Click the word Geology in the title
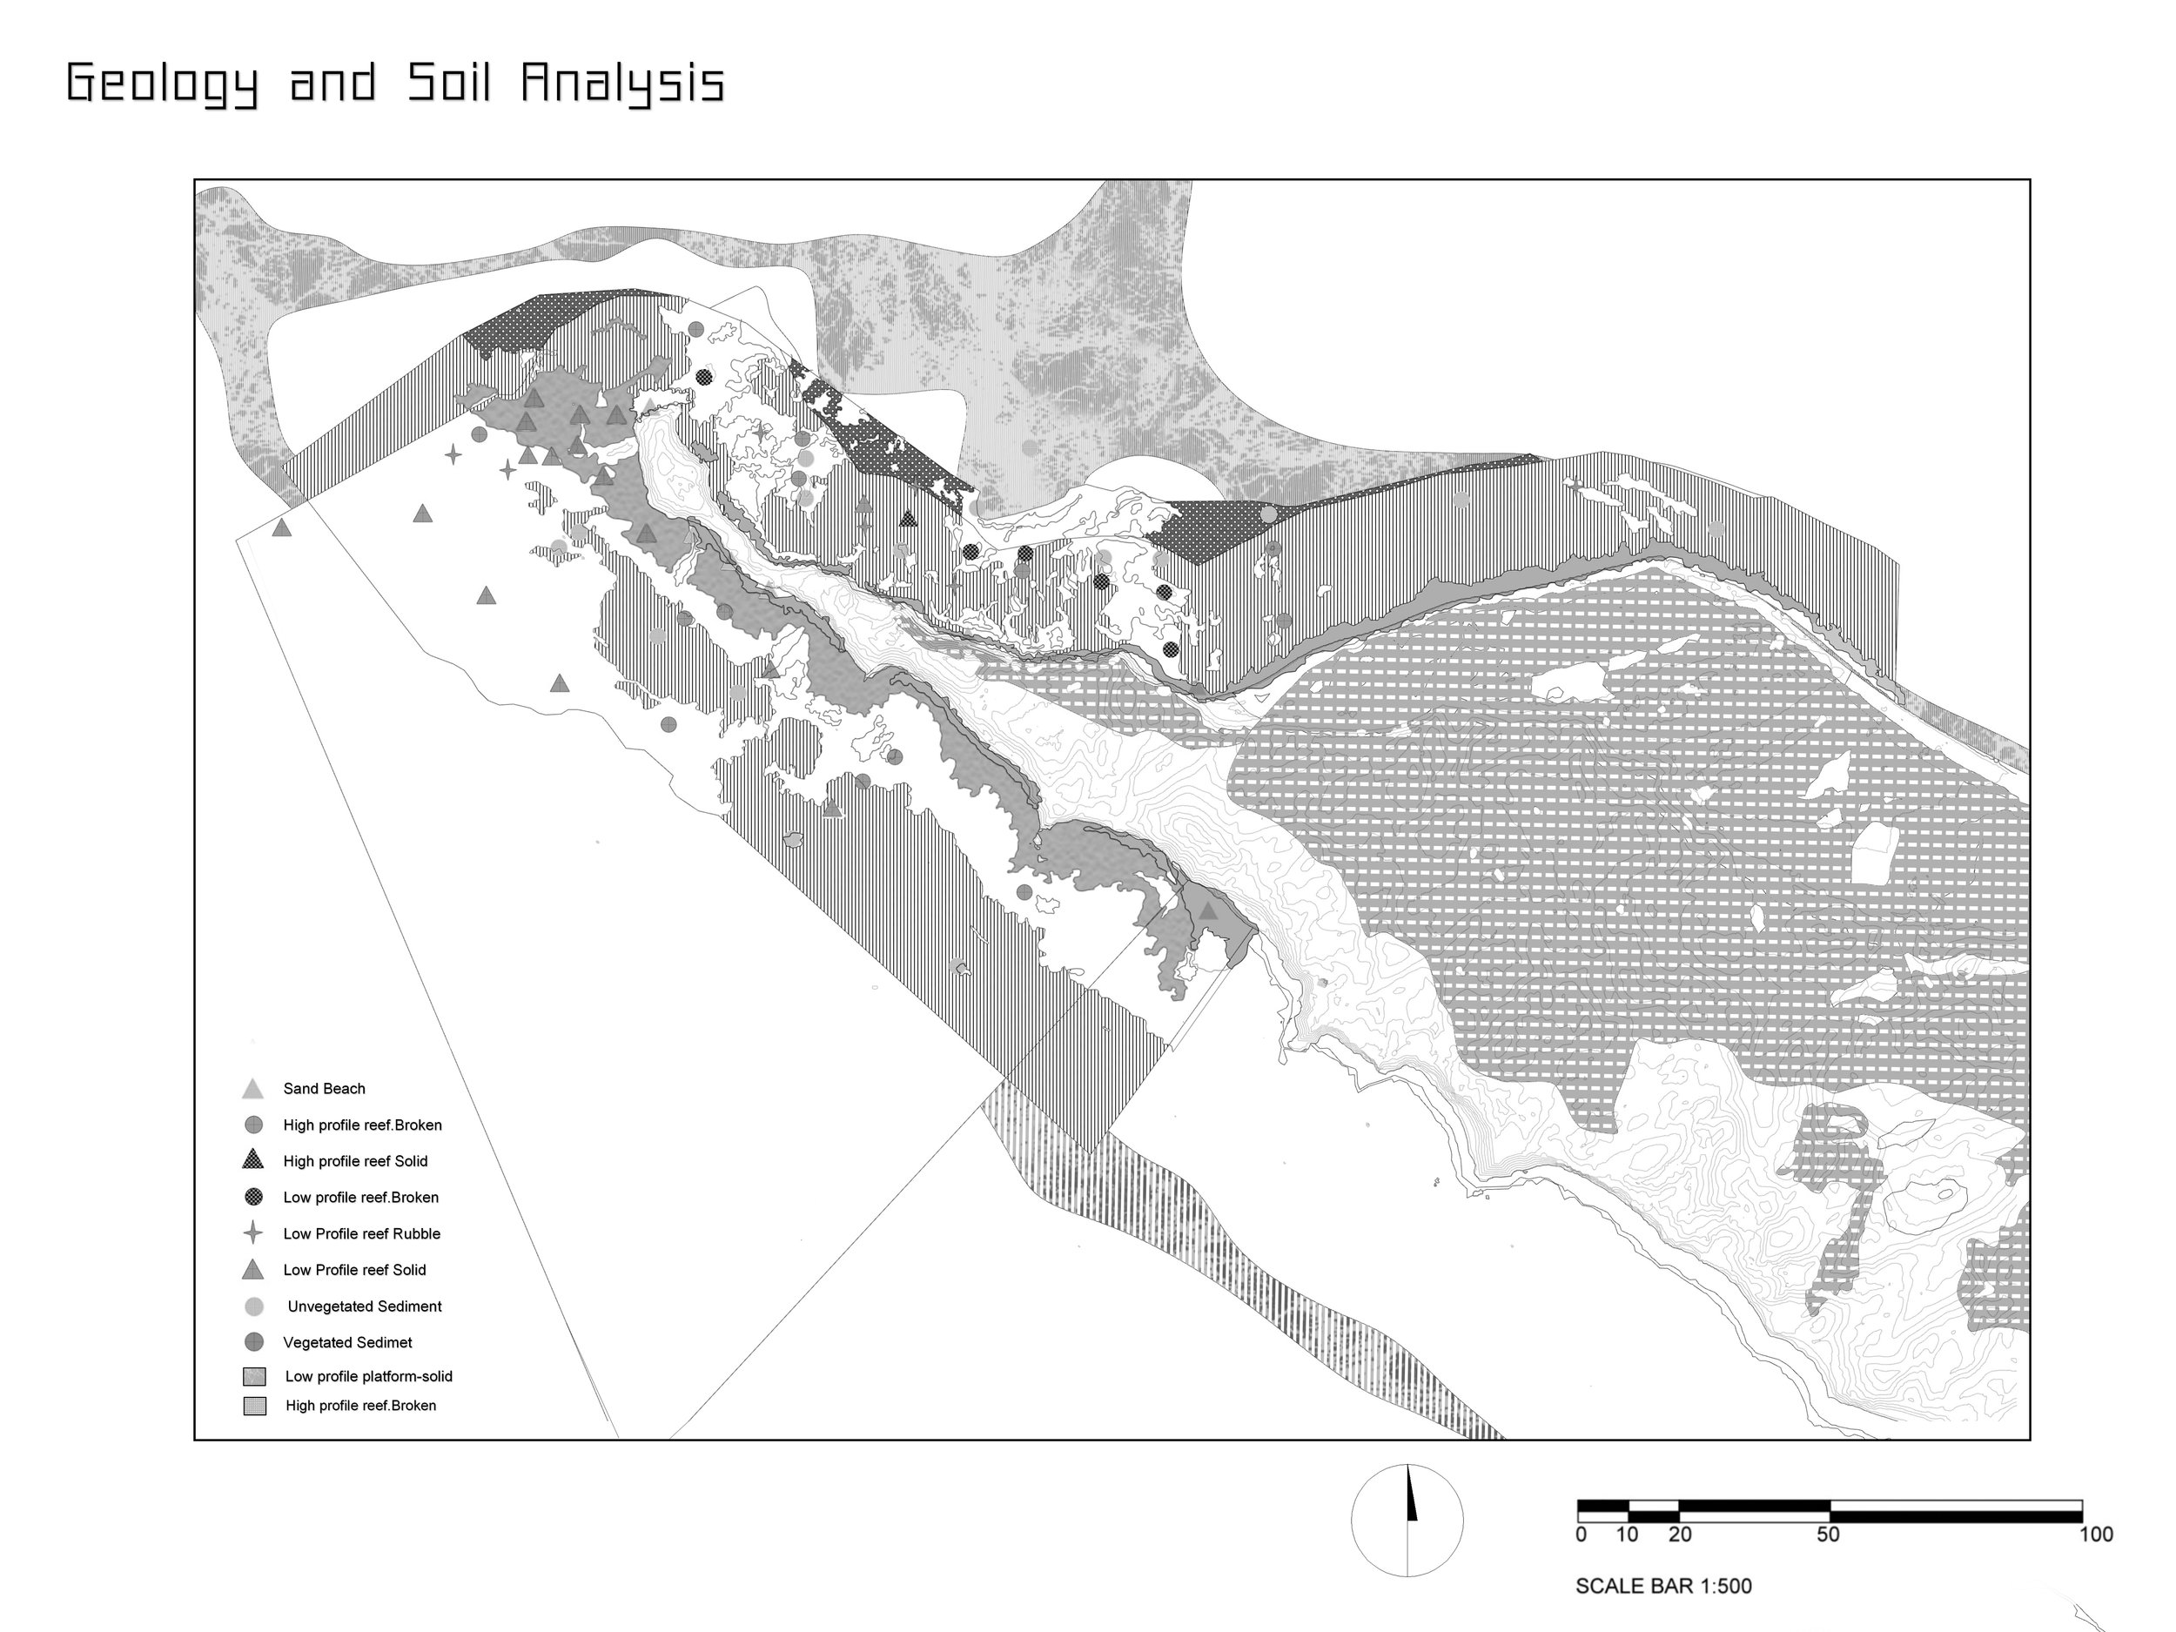click(162, 83)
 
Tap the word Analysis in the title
click(622, 83)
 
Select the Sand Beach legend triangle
click(252, 1089)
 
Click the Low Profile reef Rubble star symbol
click(252, 1232)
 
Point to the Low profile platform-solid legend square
click(254, 1377)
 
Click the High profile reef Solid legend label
click(355, 1161)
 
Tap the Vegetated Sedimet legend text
click(347, 1342)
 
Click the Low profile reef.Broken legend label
click(360, 1197)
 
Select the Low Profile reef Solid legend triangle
click(252, 1270)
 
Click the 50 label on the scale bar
click(1828, 1535)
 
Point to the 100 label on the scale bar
click(2096, 1535)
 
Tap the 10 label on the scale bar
click(1627, 1535)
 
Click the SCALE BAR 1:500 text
click(1663, 1586)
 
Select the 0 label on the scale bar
click(1581, 1535)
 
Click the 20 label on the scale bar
click(1680, 1535)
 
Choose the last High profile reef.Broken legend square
click(255, 1406)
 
